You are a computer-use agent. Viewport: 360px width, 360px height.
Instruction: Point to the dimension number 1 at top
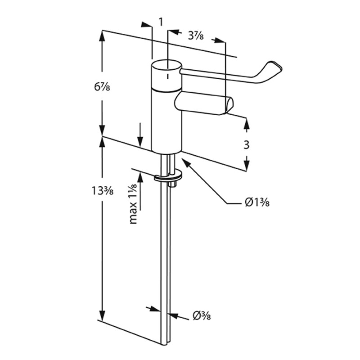coord(161,21)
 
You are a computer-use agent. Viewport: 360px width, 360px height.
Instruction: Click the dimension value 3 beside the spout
coord(247,145)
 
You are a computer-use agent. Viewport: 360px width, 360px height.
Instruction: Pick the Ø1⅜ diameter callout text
coord(257,203)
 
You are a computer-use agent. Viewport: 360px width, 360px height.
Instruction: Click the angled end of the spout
coord(229,106)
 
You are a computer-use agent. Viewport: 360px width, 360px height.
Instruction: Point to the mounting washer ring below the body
coord(168,176)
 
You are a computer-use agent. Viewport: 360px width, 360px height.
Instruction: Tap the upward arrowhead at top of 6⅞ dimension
coord(103,36)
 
